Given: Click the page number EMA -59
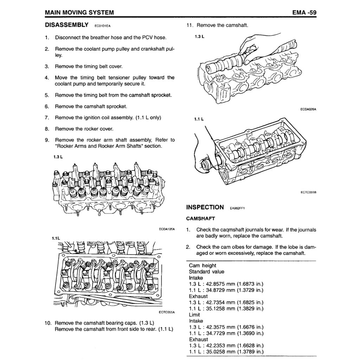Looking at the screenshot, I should click(x=304, y=13).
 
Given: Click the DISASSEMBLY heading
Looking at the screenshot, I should click(x=66, y=25).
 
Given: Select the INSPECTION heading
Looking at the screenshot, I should click(x=205, y=207).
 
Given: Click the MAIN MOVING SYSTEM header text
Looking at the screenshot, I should click(x=79, y=13).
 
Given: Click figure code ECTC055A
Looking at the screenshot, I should click(x=167, y=312).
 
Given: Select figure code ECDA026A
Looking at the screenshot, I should click(x=308, y=109).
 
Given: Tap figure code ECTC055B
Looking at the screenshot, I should click(x=308, y=192).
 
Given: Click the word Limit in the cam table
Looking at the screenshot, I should click(x=194, y=315).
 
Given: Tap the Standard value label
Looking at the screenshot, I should click(x=206, y=272).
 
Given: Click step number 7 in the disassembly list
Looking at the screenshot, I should click(x=47, y=117).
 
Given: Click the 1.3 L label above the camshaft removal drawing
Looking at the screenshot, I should click(x=199, y=36).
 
